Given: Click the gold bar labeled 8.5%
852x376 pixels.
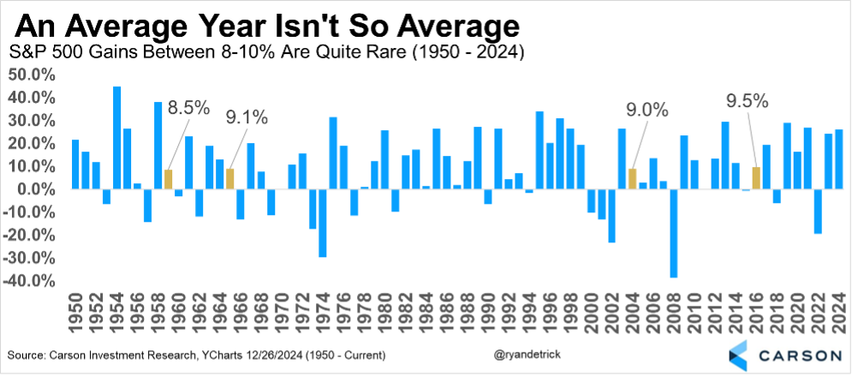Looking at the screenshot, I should coord(169,180).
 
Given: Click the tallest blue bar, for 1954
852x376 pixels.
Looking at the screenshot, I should coord(116,138).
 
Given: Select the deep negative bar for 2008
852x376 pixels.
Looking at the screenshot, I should coord(674,233).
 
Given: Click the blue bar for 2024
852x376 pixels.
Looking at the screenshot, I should coord(838,159).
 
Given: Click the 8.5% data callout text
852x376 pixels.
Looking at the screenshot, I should coord(188,110).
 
